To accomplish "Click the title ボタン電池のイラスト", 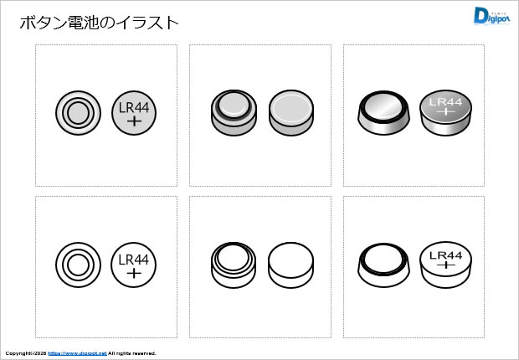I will point(99,23).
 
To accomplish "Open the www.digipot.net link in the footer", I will point(77,353).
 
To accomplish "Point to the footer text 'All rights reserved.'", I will point(132,353).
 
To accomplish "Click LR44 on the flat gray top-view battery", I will point(133,107).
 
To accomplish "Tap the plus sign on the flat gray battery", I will point(133,121).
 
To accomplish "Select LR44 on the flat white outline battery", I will point(133,260).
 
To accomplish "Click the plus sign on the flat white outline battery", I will point(133,274).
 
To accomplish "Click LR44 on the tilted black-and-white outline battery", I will point(444,255).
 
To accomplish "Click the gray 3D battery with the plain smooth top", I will point(291,111).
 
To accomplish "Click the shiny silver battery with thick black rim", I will point(384,111).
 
